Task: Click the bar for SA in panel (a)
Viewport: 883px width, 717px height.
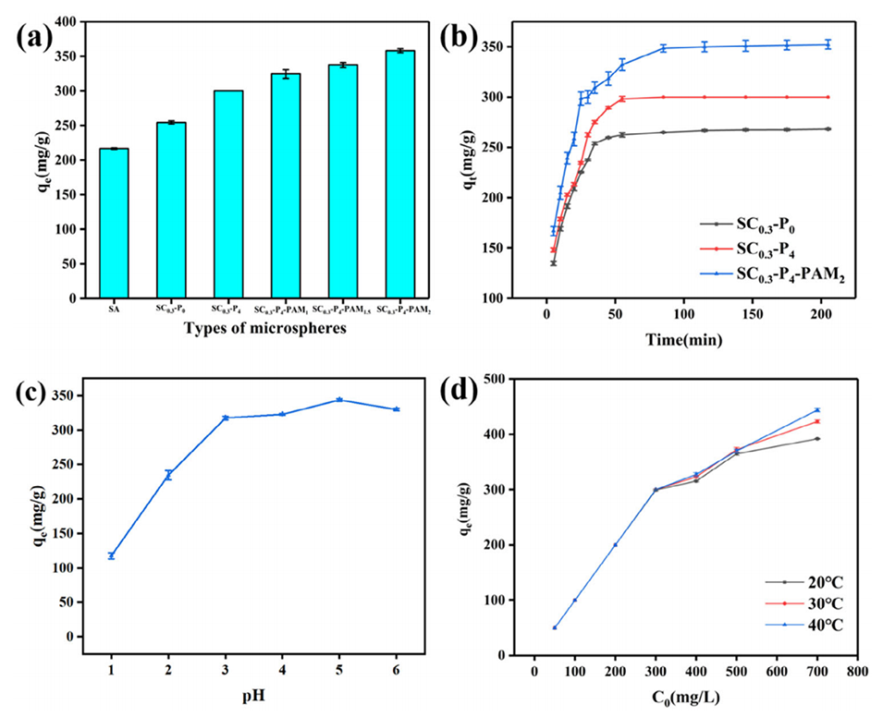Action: pyautogui.click(x=114, y=224)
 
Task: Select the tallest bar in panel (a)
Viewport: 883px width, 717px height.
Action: pyautogui.click(x=400, y=175)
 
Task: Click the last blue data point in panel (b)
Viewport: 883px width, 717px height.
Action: pyautogui.click(x=828, y=44)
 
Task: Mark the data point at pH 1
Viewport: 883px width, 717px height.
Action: pyautogui.click(x=111, y=555)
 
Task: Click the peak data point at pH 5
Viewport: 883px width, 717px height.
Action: pyautogui.click(x=339, y=400)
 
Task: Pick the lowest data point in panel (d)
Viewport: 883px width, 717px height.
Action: pyautogui.click(x=554, y=627)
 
